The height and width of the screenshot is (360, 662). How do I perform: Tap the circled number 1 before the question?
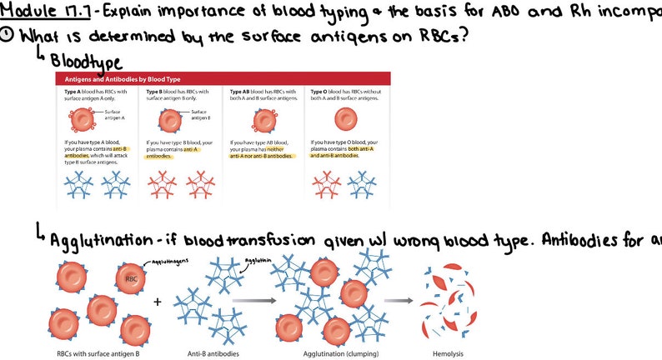(8, 36)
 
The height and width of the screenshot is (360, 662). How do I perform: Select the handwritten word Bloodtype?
(86, 62)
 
